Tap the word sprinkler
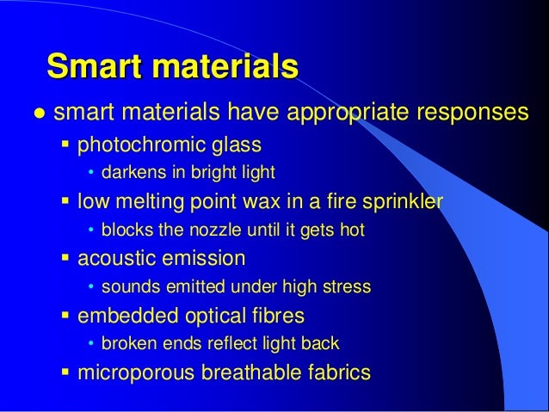(401, 202)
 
